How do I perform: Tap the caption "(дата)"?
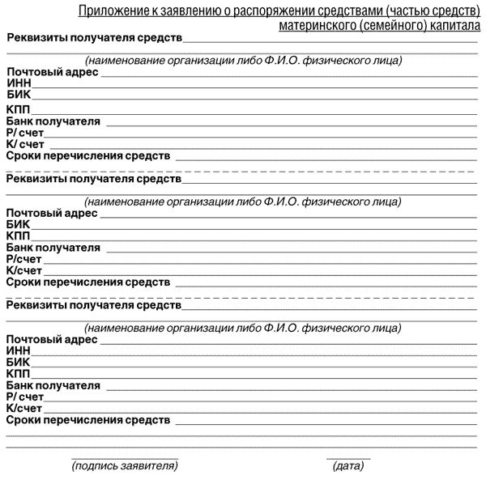tap(348, 466)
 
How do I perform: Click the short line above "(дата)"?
tap(348, 458)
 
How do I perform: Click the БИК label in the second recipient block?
tap(18, 224)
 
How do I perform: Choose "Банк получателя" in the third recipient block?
tap(53, 385)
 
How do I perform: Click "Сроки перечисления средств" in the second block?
tap(88, 282)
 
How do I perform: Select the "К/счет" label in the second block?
tap(24, 270)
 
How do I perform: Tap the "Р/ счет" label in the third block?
tap(25, 397)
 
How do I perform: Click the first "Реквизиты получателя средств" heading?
tap(93, 38)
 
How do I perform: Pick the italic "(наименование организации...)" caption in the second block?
tap(243, 201)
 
